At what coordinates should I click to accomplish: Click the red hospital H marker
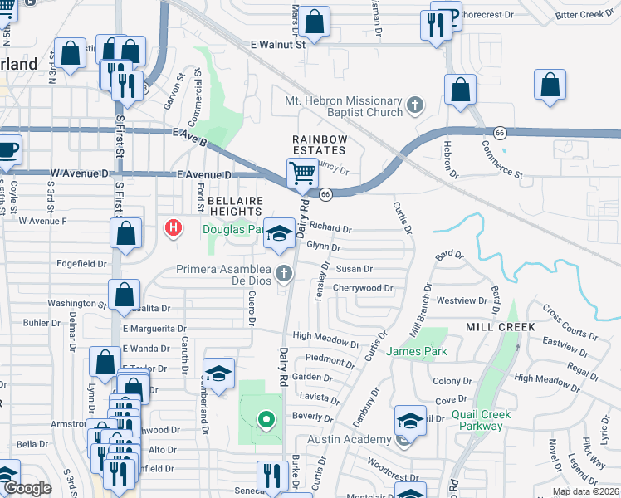(173, 227)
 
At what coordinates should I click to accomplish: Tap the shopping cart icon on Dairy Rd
(302, 173)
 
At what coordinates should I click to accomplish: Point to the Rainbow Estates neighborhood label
(318, 144)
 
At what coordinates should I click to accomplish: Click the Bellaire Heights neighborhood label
(235, 207)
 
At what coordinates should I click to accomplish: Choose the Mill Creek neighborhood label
(496, 327)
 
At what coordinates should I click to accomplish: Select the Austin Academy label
(350, 439)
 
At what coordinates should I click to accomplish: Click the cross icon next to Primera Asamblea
(284, 272)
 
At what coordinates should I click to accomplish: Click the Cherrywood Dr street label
(363, 288)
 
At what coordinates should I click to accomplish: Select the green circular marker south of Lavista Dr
(266, 421)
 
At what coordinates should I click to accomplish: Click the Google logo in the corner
(27, 489)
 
